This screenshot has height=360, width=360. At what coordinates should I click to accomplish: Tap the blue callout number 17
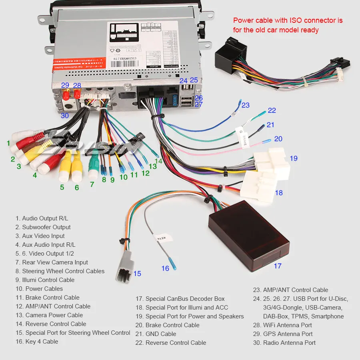pos(277,266)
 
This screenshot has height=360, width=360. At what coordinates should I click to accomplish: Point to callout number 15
pos(137,274)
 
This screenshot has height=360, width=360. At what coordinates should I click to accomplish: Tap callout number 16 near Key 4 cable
pos(165,268)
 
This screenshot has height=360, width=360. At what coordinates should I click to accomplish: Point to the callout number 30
pos(65,116)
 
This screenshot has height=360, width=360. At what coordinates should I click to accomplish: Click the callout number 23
pos(245,105)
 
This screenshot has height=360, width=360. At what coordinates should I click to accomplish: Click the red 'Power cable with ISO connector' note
pos(288,25)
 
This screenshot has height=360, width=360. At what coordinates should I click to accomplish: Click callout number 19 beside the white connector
pos(294,158)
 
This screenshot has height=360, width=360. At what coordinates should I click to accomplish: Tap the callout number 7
pos(92,184)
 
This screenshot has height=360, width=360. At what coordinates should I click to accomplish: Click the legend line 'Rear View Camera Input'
pos(52,262)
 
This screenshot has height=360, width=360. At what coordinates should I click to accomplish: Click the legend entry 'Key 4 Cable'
pos(37,342)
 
